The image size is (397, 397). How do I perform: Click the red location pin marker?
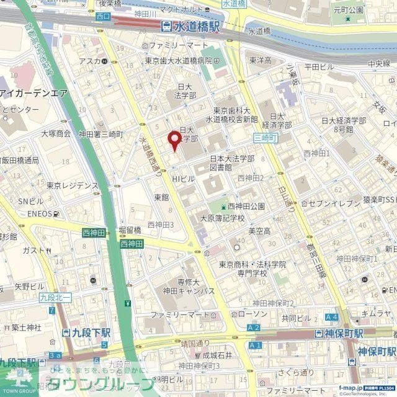(x=176, y=140)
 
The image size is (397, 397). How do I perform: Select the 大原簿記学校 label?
(x=221, y=218)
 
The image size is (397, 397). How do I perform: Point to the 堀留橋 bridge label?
(x=129, y=230)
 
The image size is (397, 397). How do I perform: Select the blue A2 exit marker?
(x=254, y=326)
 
